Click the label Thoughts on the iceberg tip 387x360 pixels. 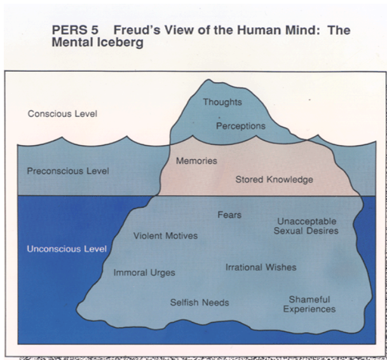click(222, 102)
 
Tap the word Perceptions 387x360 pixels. click(240, 126)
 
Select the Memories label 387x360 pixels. click(196, 161)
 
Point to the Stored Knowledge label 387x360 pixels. click(274, 180)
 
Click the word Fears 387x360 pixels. click(229, 215)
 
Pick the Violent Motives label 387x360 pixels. click(165, 236)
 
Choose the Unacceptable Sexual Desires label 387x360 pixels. click(306, 226)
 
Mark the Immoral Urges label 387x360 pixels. click(144, 273)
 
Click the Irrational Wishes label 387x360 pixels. click(261, 267)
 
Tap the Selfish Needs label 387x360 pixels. click(200, 302)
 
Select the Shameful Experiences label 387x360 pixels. click(309, 304)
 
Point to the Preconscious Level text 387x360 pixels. click(68, 171)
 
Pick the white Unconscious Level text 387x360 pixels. click(66, 249)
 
